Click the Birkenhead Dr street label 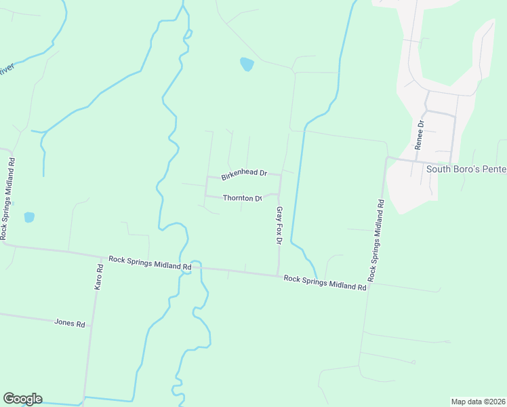click(244, 174)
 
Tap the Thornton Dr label click(243, 198)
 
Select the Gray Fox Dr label click(278, 226)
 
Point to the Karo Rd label click(99, 278)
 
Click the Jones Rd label click(69, 324)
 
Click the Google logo click(22, 399)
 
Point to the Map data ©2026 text click(478, 402)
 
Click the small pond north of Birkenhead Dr click(247, 65)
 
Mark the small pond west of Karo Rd click(29, 218)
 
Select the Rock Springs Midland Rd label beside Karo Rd click(149, 263)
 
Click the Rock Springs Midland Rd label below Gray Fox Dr click(325, 282)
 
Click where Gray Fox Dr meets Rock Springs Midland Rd click(278, 275)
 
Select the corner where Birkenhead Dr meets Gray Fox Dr click(280, 175)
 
